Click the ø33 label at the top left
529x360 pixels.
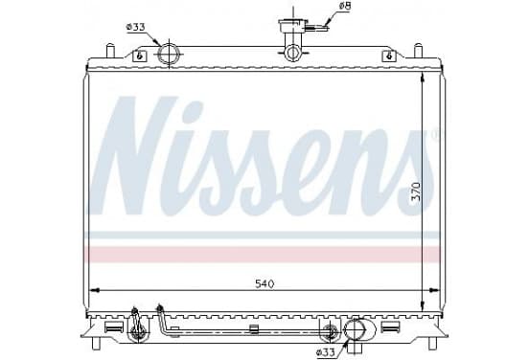(x=136, y=27)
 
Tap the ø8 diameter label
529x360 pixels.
(x=344, y=6)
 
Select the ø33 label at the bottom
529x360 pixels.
(x=326, y=352)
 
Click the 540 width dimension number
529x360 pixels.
(x=264, y=284)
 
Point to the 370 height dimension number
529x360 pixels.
(x=417, y=191)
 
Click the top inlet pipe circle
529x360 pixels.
(x=168, y=54)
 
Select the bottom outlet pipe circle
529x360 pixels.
(x=355, y=329)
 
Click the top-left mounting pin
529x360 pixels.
(x=110, y=51)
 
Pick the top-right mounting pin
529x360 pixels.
(x=418, y=51)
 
